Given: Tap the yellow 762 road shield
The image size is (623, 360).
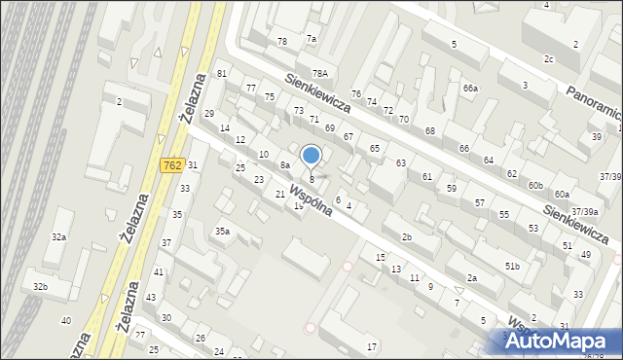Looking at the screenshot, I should coord(172,166).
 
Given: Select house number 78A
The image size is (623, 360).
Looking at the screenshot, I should coord(319,73).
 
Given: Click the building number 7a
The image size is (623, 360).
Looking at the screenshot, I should coord(311,38).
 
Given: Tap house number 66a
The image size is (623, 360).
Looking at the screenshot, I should coord(471,89).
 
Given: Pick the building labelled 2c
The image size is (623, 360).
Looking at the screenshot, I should coord(549,58).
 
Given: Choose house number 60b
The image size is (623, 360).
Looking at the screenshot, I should coord(535,185).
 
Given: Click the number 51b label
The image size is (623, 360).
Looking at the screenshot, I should coord(512,266).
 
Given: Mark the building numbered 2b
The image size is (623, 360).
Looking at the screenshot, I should coord(407,237).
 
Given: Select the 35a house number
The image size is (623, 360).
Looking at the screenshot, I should coord(222,231).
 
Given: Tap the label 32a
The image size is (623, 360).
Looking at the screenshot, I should coord(59,236).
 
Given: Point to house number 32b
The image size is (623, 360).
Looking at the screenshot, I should coord(40,286).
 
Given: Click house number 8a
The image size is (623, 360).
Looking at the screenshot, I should coord(285,165).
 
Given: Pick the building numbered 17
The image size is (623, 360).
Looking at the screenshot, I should coord(372,346).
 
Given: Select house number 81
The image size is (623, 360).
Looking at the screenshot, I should coord(222,74).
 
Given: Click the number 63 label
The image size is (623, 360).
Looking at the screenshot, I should coord(400,162).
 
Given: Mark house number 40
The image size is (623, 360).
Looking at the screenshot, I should coord(66,320).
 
